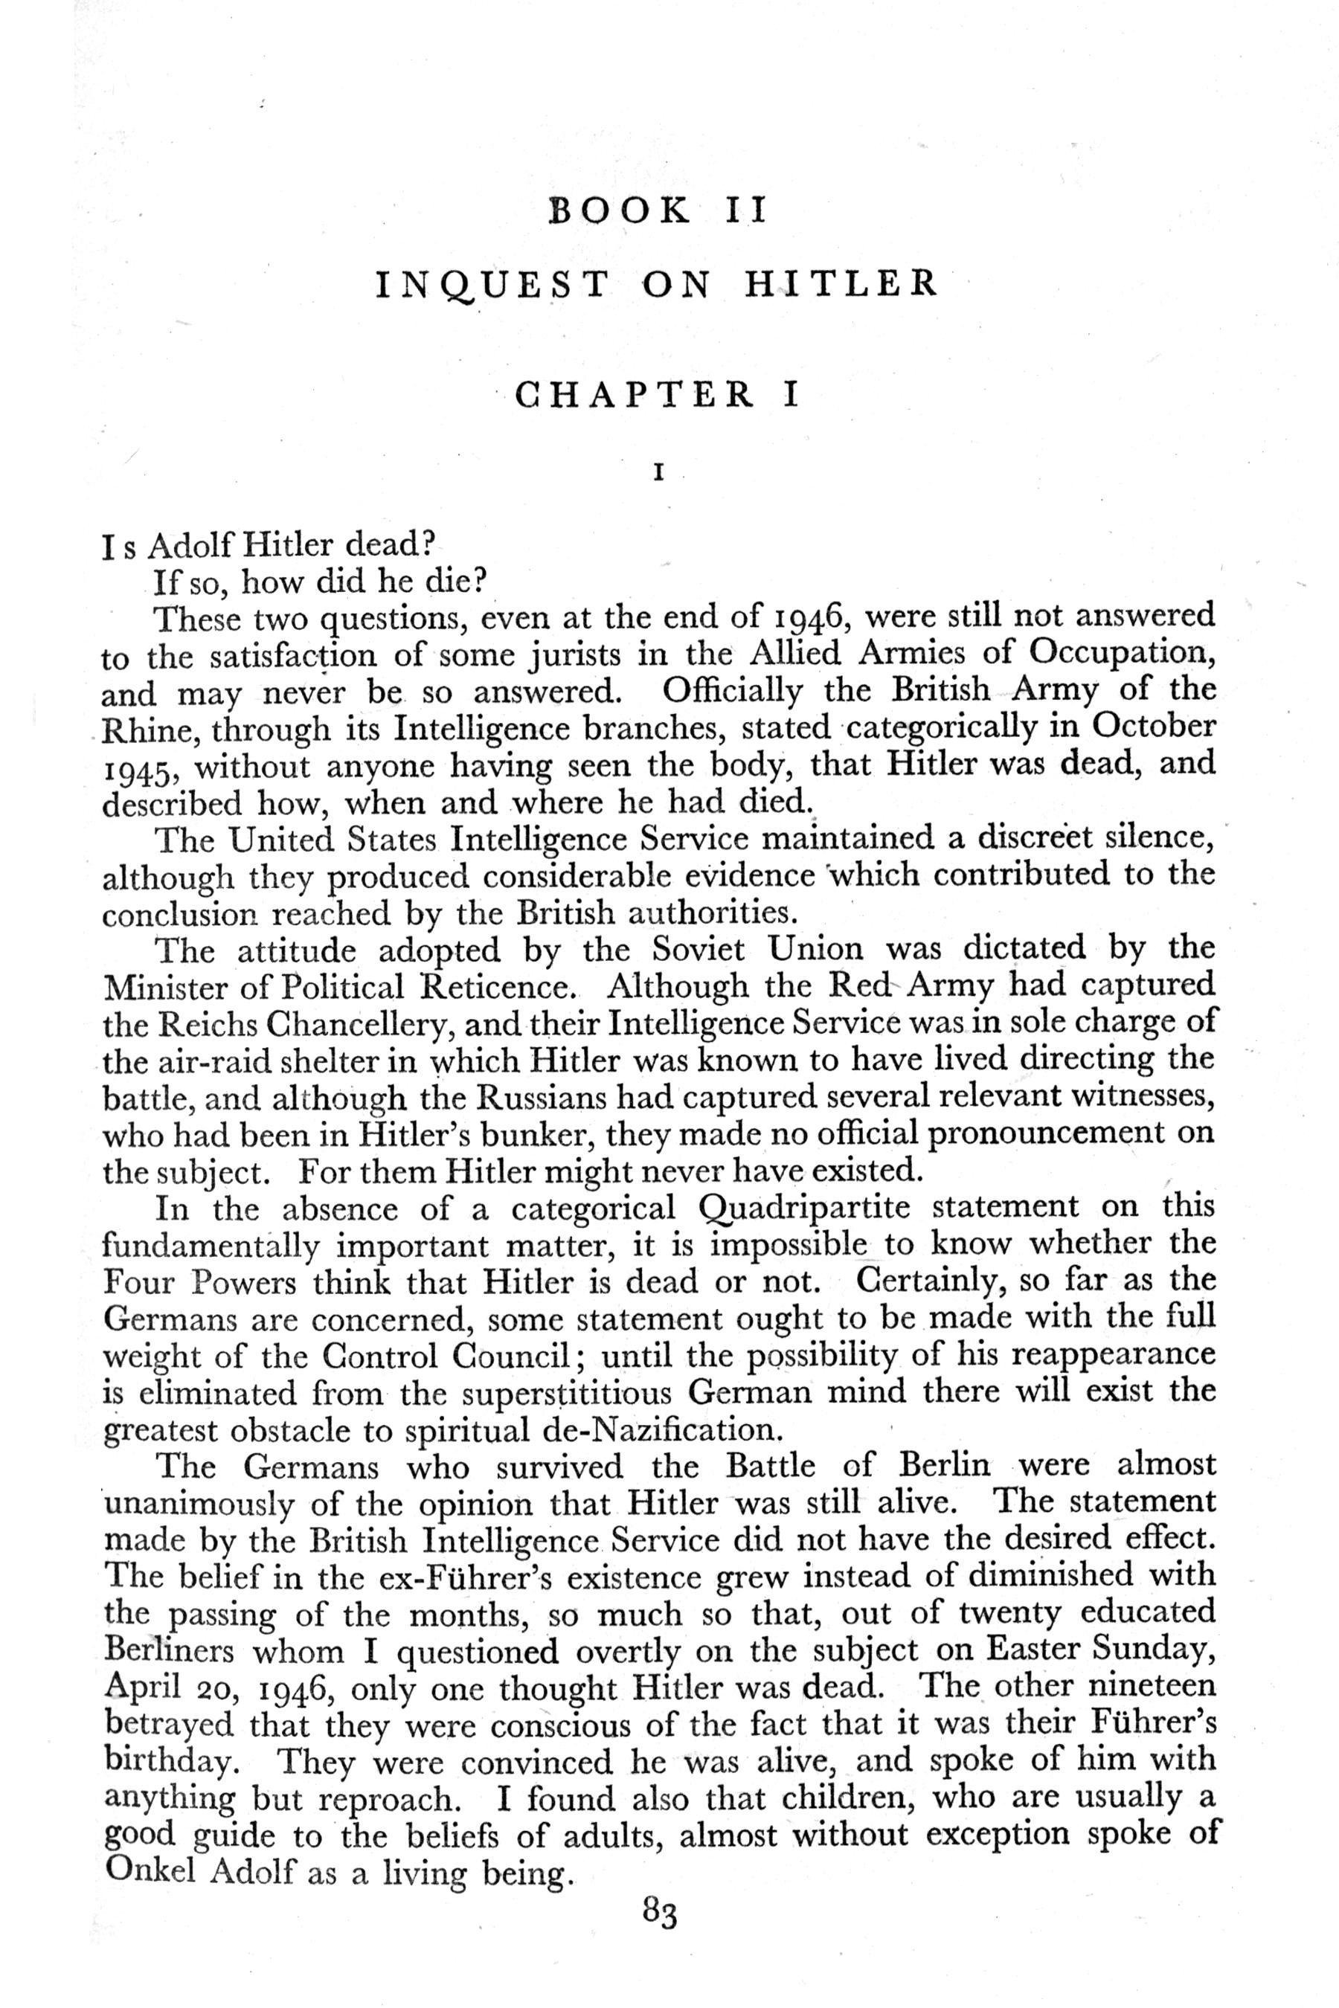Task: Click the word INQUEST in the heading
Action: [492, 285]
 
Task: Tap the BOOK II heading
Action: [658, 210]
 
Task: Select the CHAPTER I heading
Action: [658, 394]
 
